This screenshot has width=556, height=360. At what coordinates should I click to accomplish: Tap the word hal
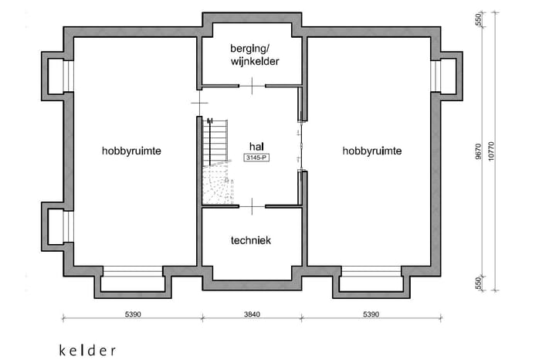(x=256, y=146)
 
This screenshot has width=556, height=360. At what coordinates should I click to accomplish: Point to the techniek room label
(x=251, y=240)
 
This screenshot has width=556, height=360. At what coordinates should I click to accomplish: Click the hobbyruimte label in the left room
(x=131, y=151)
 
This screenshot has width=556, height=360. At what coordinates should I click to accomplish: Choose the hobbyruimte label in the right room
(x=371, y=151)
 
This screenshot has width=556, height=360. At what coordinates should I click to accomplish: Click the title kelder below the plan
(x=87, y=350)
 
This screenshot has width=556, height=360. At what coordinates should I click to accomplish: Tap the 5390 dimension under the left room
(x=131, y=315)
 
